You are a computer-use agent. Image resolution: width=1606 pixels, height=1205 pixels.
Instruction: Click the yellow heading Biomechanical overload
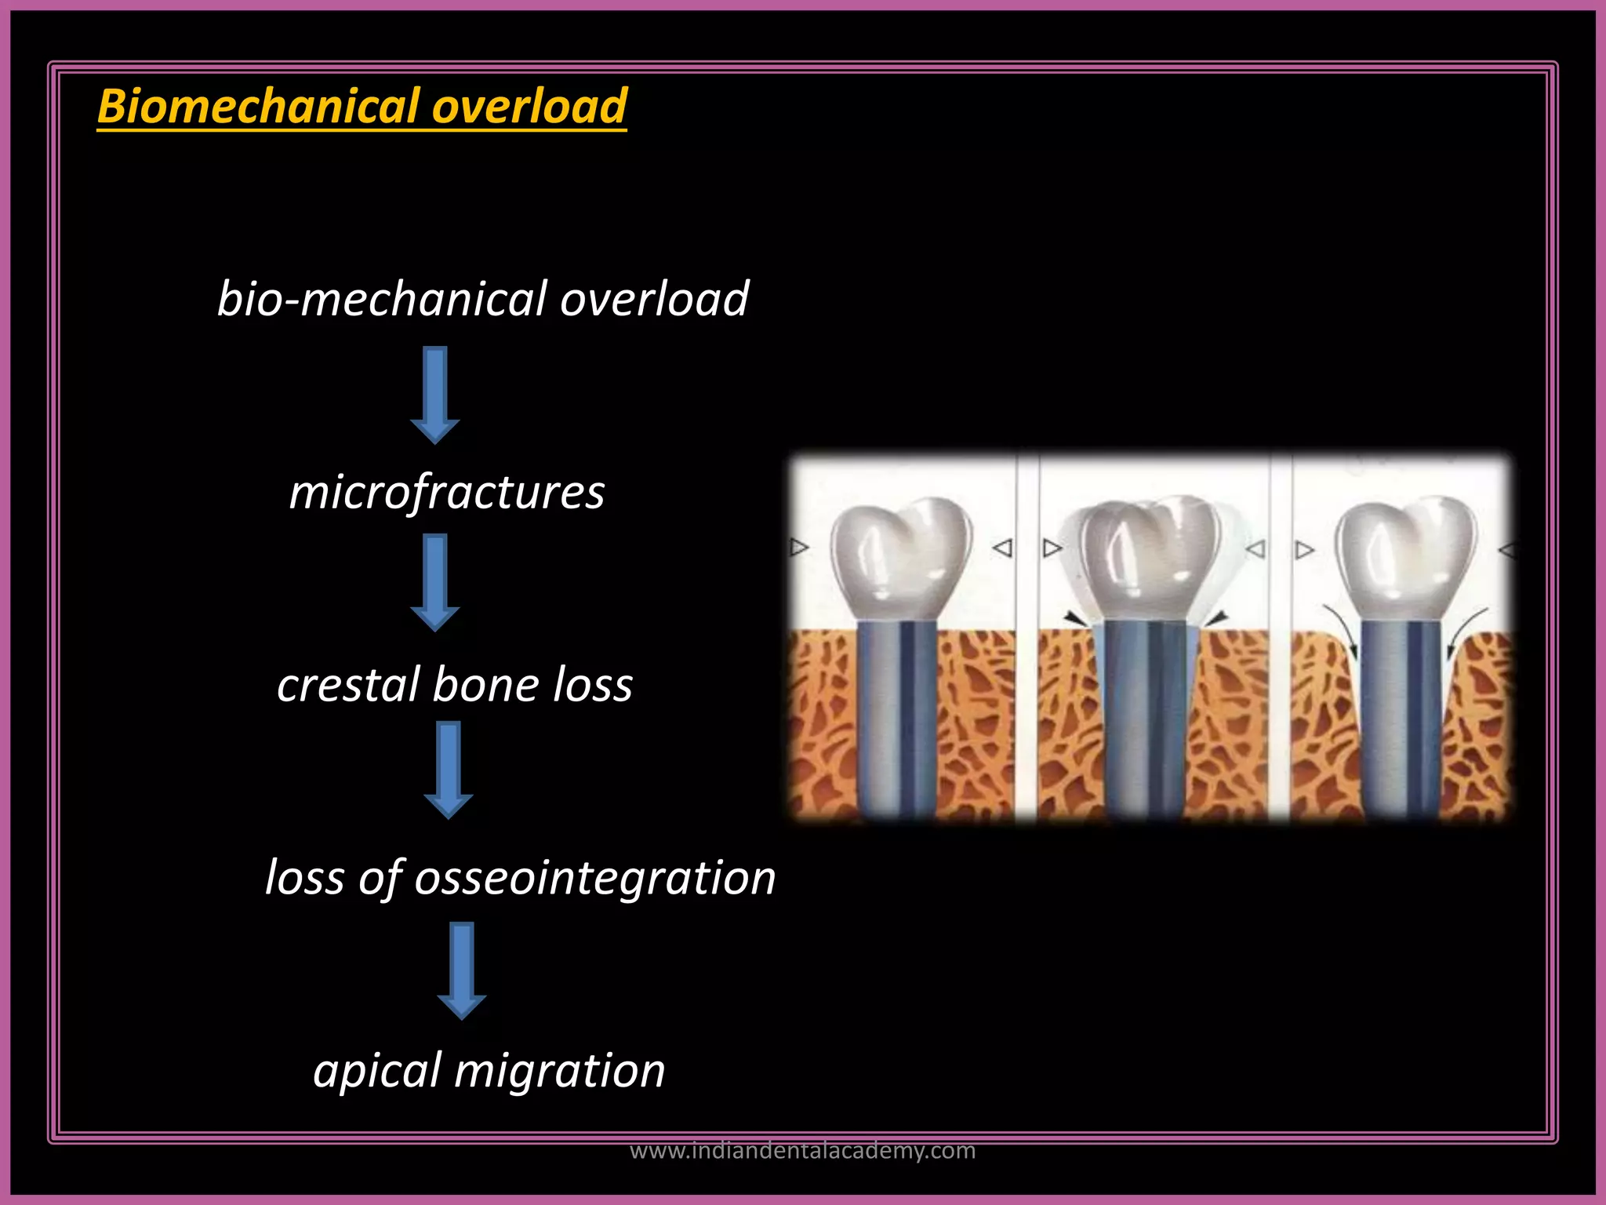point(362,106)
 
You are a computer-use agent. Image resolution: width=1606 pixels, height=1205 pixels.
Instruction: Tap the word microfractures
point(447,493)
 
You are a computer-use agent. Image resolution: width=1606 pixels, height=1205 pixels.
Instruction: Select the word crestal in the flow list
point(348,684)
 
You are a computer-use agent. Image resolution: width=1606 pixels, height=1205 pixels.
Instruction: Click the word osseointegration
point(594,877)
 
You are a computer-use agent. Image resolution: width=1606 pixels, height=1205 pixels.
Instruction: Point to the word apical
point(377,1071)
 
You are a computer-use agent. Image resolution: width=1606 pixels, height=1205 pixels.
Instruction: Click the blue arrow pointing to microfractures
point(435,395)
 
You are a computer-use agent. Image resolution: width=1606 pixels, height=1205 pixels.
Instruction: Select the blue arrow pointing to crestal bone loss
point(435,582)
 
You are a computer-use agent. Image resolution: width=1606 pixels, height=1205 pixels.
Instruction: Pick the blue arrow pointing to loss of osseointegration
point(449,770)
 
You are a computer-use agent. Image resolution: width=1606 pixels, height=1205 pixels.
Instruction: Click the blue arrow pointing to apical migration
point(462,970)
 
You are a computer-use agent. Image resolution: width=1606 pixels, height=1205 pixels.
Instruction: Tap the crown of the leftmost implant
point(900,557)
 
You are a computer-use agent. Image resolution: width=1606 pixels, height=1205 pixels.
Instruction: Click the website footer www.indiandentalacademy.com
point(803,1151)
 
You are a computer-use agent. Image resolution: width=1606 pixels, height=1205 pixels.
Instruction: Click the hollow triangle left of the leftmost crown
point(799,547)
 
